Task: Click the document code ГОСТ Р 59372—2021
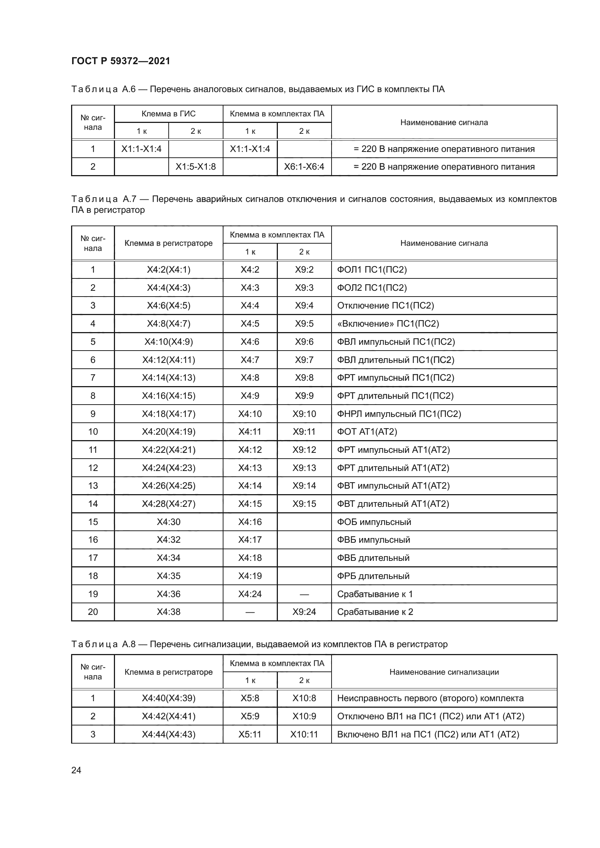pos(120,61)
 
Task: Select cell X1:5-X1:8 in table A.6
pos(196,166)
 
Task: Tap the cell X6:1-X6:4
pos(304,166)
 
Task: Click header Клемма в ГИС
pos(168,114)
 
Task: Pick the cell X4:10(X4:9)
pos(168,342)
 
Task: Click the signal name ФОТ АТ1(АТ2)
pos(367,431)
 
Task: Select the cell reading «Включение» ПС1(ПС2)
pos(388,323)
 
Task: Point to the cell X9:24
pos(304,612)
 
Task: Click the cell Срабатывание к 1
pos(375,594)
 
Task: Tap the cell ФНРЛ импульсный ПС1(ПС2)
pos(399,414)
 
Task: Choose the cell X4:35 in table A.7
pos(168,576)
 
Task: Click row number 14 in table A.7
pos(93,504)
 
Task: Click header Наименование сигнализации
pos(444,672)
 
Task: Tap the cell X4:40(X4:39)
pos(168,698)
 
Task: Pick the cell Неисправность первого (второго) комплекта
pos(431,698)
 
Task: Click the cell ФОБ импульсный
pos(374,522)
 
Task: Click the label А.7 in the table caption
pos(129,199)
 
